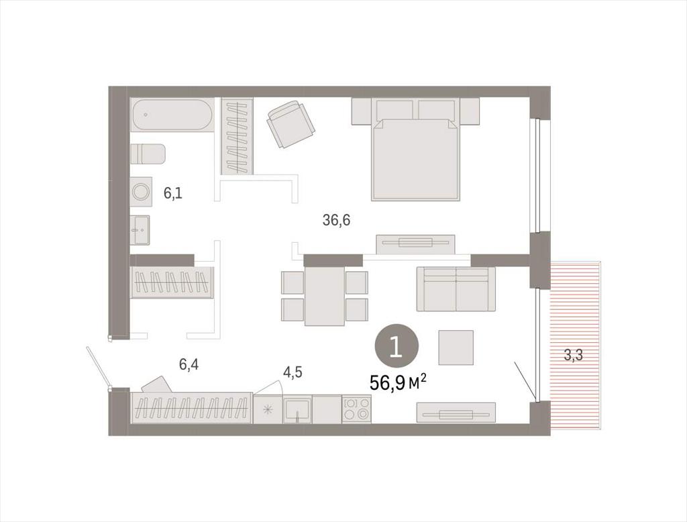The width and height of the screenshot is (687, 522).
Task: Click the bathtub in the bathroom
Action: tap(172, 114)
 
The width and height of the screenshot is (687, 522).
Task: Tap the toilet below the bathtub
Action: tap(148, 154)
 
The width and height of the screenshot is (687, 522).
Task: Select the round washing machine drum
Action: tap(141, 192)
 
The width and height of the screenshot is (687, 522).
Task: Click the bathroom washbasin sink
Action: tap(140, 229)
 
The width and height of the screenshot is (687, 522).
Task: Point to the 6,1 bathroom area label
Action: tap(172, 193)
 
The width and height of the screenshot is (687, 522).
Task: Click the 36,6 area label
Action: tap(336, 221)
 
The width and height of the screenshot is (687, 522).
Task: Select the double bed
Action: tap(415, 149)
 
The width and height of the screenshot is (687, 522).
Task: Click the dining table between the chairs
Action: tap(325, 296)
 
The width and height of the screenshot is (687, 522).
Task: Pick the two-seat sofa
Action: tap(456, 289)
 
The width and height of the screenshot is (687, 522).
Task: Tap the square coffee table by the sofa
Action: tap(456, 348)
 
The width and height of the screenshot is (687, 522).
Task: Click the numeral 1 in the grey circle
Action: tap(396, 347)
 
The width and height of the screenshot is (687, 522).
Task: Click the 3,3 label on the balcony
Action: tap(573, 356)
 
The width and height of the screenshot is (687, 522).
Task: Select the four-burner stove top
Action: tap(356, 409)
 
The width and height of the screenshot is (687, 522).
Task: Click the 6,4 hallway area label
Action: tap(189, 364)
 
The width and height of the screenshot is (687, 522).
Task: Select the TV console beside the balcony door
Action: tap(456, 413)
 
